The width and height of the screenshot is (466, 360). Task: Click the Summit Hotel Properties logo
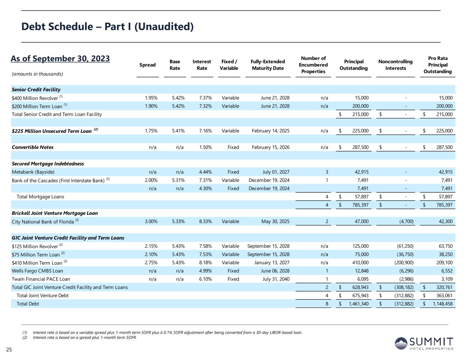click(x=424, y=343)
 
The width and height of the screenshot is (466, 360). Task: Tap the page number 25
click(x=9, y=349)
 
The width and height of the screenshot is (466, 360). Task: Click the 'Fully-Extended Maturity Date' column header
click(x=268, y=65)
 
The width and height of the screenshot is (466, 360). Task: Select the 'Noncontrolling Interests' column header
click(x=395, y=65)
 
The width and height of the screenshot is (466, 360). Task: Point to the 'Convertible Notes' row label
click(x=33, y=147)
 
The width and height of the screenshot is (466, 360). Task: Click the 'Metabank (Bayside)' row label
click(x=33, y=172)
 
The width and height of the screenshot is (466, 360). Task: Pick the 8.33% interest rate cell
click(x=205, y=221)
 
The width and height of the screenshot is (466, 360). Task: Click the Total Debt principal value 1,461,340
click(x=358, y=304)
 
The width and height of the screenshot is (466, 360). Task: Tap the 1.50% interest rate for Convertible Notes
click(x=205, y=147)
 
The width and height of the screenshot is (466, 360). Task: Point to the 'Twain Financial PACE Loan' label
click(x=41, y=279)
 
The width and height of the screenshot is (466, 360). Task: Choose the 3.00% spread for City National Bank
click(x=151, y=221)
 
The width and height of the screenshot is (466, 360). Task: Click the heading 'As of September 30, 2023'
click(x=60, y=59)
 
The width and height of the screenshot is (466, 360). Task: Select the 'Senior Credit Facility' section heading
click(x=36, y=90)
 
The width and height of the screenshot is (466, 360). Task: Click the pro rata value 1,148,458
click(x=442, y=304)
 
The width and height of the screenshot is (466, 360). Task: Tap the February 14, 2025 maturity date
click(x=270, y=131)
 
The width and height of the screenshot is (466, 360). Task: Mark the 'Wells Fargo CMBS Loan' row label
click(x=38, y=271)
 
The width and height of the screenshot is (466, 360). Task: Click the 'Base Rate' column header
click(x=175, y=65)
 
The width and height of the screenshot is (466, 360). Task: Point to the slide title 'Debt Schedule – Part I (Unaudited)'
click(x=108, y=27)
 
